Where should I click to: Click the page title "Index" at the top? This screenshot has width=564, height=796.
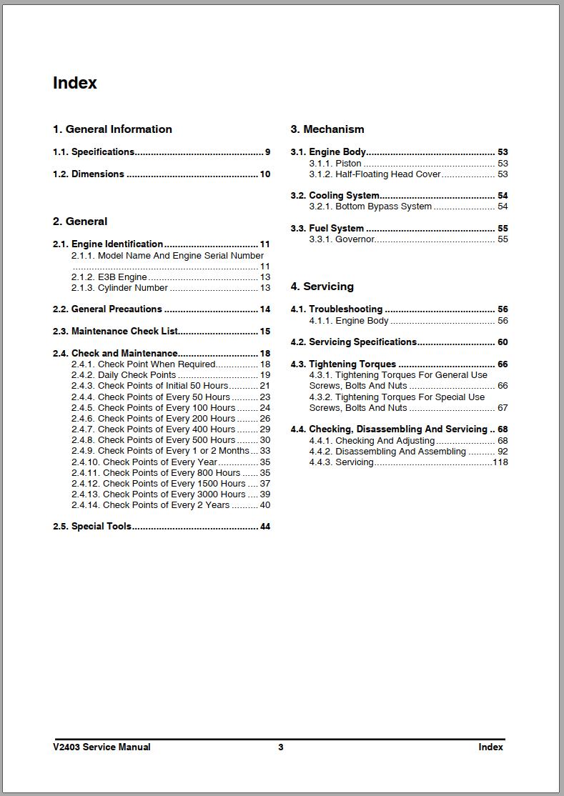click(x=74, y=83)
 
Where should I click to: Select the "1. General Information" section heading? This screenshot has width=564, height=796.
click(x=112, y=129)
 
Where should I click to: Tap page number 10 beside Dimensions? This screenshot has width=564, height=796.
click(x=264, y=174)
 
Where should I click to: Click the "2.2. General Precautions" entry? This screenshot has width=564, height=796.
click(x=107, y=309)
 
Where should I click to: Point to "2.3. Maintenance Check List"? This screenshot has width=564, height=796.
click(x=115, y=332)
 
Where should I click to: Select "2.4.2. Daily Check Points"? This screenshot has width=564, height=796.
click(x=124, y=375)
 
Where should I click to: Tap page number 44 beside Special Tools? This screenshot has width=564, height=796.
click(x=264, y=527)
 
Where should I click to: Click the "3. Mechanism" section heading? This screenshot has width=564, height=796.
click(x=327, y=129)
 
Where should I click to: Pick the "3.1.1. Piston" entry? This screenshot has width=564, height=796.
click(x=335, y=164)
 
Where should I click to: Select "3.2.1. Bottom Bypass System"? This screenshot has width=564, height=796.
click(x=370, y=207)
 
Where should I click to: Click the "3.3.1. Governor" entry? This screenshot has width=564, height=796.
click(x=342, y=239)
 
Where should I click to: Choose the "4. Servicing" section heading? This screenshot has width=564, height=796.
click(x=322, y=287)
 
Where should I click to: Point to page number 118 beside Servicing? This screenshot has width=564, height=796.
click(x=500, y=462)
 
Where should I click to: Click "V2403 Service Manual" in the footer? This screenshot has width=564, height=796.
click(x=102, y=747)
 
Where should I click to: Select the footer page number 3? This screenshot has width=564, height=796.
click(x=281, y=747)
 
